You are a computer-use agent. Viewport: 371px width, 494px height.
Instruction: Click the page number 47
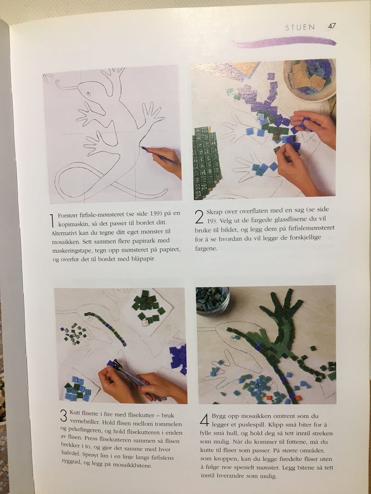[332, 26]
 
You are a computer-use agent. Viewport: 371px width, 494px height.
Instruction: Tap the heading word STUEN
[300, 27]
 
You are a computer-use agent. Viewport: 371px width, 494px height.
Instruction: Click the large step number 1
[52, 220]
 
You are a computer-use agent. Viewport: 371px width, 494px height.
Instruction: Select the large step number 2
[199, 217]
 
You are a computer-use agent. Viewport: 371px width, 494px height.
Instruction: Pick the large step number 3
[64, 409]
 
